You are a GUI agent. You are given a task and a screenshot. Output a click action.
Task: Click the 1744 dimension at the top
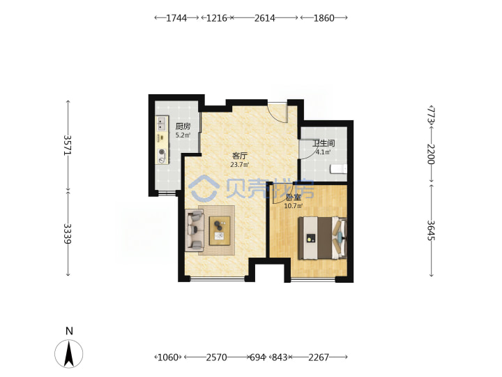[176, 18]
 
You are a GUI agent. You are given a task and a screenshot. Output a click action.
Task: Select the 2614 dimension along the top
[264, 18]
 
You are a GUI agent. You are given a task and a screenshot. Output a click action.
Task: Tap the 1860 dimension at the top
[324, 18]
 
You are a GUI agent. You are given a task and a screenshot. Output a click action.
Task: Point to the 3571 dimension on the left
[68, 145]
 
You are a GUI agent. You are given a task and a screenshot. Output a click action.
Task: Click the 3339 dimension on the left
[68, 233]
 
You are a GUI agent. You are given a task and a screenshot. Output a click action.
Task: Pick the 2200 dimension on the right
[432, 154]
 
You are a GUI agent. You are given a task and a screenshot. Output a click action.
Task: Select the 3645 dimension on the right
[432, 230]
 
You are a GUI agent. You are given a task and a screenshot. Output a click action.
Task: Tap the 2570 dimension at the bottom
[216, 357]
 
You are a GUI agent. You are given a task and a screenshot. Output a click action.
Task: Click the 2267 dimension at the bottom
[319, 357]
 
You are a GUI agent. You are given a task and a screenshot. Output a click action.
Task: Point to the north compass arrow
[69, 353]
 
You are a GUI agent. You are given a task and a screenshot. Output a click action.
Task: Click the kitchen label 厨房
[183, 126]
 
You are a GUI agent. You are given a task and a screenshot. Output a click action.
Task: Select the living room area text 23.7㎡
[240, 165]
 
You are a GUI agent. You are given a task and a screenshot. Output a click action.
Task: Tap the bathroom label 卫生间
[324, 143]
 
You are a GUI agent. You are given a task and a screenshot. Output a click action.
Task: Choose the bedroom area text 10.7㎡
[294, 206]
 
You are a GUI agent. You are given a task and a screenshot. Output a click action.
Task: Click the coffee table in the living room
[220, 231]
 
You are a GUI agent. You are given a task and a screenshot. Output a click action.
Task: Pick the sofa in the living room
[195, 230]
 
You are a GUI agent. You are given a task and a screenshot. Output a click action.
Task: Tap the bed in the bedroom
[322, 238]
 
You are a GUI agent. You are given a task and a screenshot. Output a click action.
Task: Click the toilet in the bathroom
[338, 169]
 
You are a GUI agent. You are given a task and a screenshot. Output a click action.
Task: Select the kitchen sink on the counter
[162, 124]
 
